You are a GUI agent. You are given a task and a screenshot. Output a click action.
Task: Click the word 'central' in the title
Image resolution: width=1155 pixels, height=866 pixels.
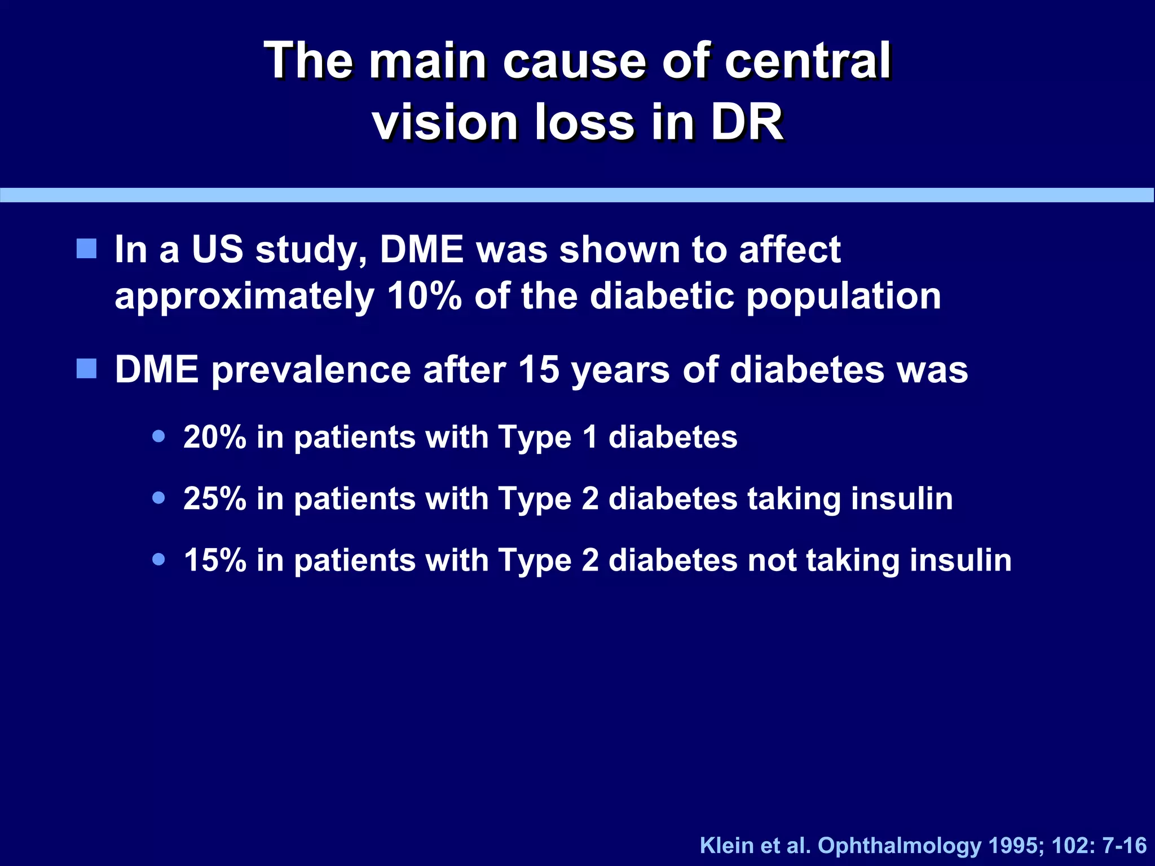pos(807,61)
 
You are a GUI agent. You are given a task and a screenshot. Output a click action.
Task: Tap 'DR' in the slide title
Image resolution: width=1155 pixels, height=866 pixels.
pos(747,122)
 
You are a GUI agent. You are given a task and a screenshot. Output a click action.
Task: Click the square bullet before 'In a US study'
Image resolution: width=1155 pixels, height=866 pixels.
pos(86,248)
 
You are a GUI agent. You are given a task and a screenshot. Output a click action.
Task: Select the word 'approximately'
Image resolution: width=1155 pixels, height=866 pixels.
pos(244,297)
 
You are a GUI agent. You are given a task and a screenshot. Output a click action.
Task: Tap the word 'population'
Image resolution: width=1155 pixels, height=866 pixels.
pos(844,297)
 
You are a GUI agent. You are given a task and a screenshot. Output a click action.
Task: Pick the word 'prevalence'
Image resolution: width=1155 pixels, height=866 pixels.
pos(311,370)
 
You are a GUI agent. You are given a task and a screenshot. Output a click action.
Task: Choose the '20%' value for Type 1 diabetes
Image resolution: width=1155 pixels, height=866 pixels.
pos(215,437)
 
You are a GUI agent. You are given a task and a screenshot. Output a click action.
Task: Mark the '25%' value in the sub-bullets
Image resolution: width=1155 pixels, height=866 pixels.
pos(215,499)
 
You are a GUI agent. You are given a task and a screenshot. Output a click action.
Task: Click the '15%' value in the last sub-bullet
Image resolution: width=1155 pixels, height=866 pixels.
pos(215,560)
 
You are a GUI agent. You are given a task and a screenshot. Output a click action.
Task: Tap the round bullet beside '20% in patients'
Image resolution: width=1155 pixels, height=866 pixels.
pos(159,436)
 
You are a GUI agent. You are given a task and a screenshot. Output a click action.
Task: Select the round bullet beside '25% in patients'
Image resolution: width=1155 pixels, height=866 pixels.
pos(159,498)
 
